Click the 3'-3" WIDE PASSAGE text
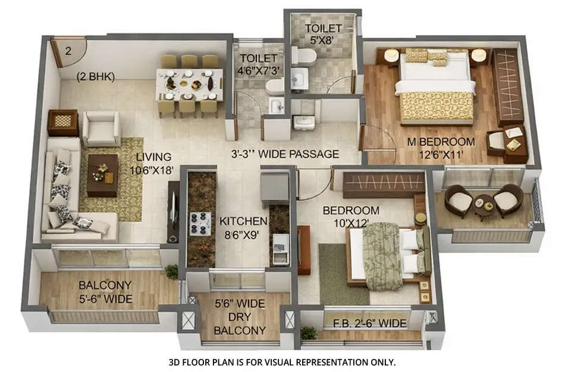click(x=285, y=154)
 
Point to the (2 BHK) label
click(x=95, y=76)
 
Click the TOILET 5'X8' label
click(x=323, y=34)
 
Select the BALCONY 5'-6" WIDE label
click(x=105, y=292)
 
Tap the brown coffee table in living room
click(x=102, y=175)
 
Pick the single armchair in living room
click(x=101, y=127)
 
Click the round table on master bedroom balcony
click(x=485, y=203)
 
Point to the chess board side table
click(x=62, y=123)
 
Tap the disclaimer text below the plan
click(x=282, y=361)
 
